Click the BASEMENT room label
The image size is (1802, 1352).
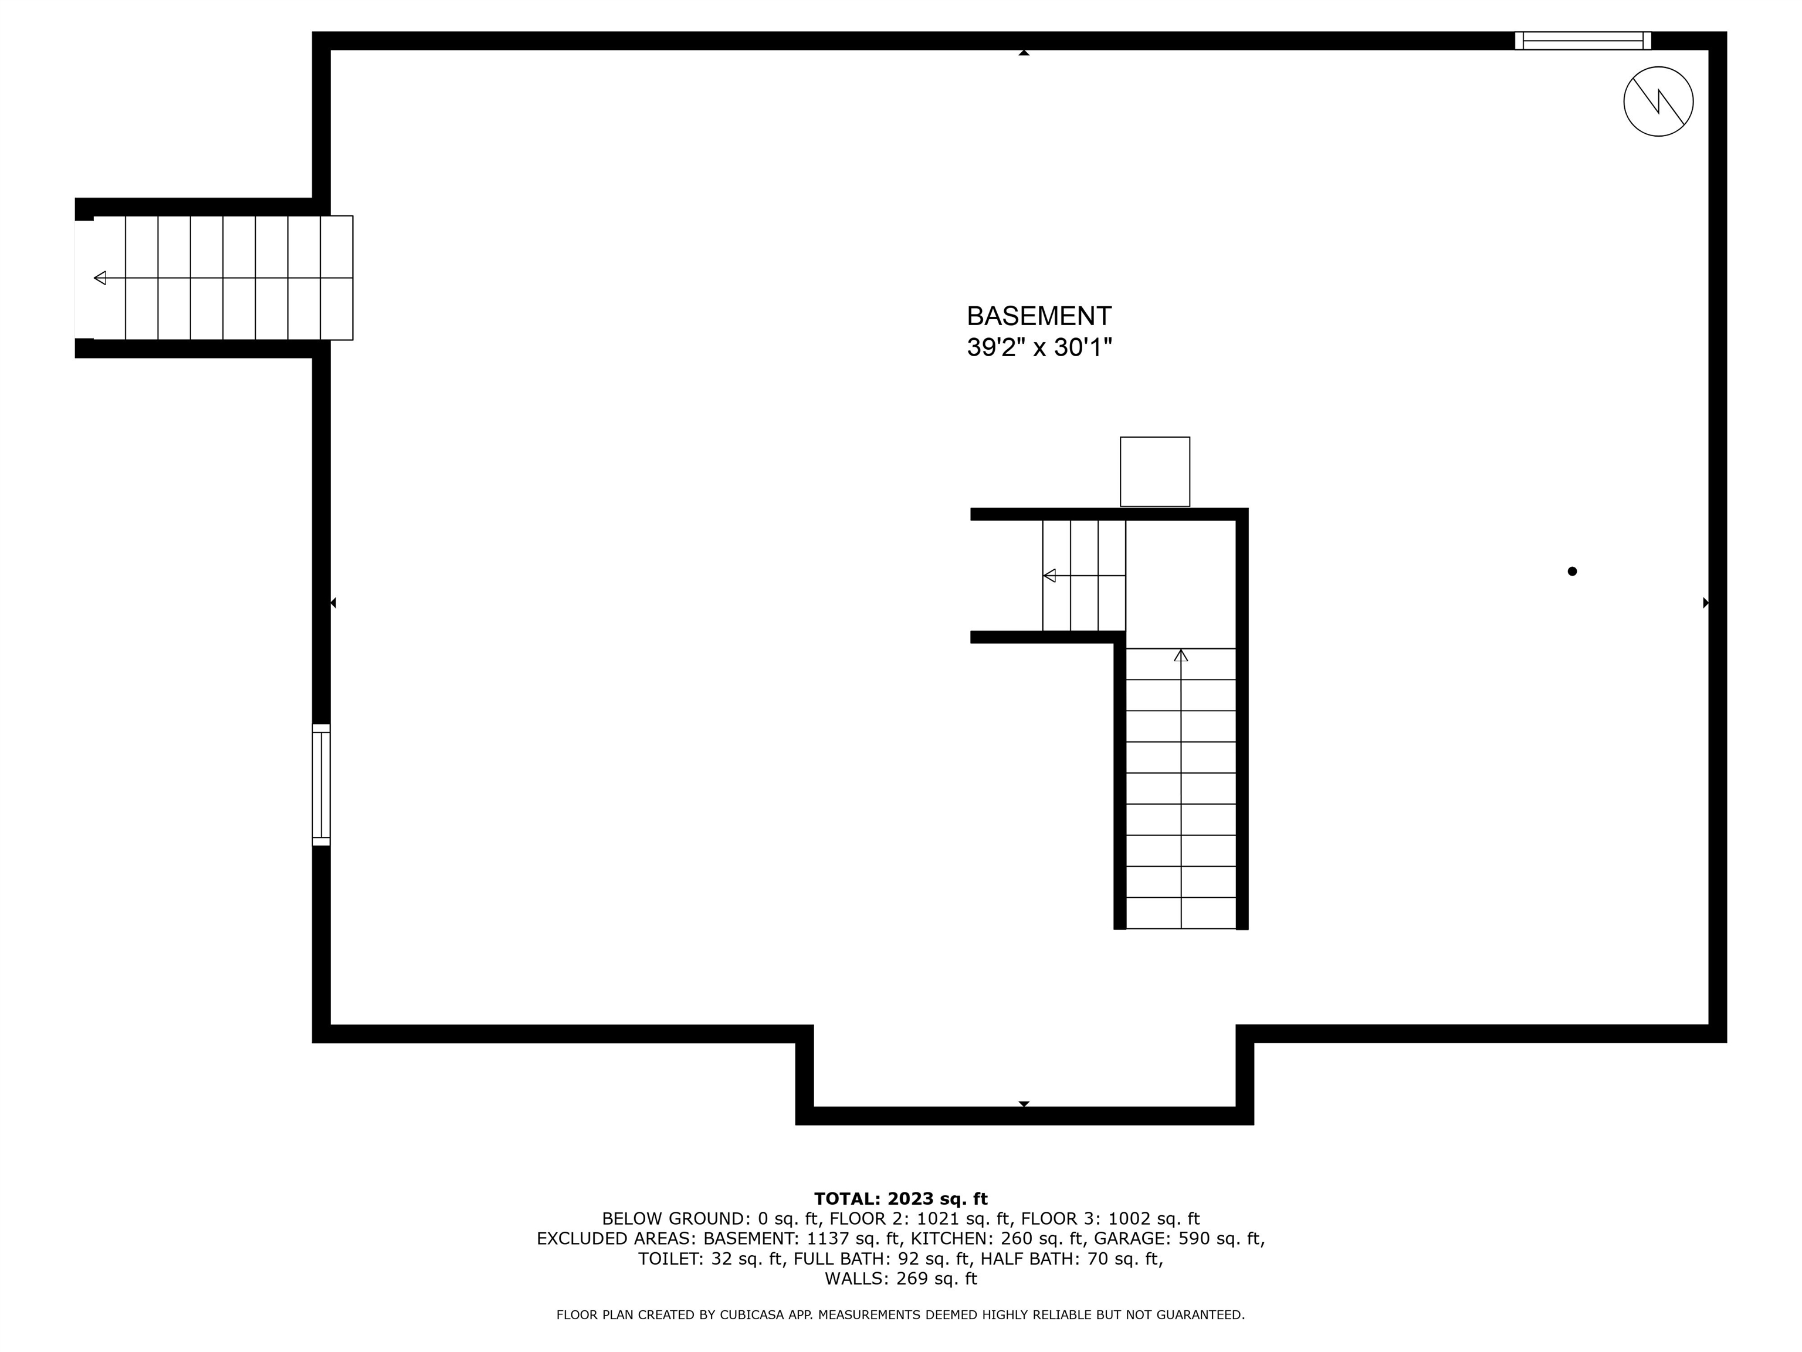pyautogui.click(x=1039, y=316)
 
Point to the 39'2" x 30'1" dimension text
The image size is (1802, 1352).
pyautogui.click(x=1039, y=348)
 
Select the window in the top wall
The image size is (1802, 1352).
pyautogui.click(x=1582, y=40)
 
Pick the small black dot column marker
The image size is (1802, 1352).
pyautogui.click(x=1572, y=572)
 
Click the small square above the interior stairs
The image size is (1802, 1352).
pyautogui.click(x=1154, y=471)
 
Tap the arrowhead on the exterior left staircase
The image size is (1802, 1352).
pyautogui.click(x=100, y=278)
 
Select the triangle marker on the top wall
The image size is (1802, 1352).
pyautogui.click(x=1024, y=53)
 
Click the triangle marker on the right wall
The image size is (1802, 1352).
pyautogui.click(x=1706, y=603)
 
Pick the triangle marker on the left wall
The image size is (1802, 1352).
pyautogui.click(x=333, y=603)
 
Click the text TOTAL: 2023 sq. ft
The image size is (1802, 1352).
pyautogui.click(x=900, y=1199)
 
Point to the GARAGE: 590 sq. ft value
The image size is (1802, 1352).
pyautogui.click(x=1179, y=1239)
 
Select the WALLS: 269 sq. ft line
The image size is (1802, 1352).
pyautogui.click(x=900, y=1279)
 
